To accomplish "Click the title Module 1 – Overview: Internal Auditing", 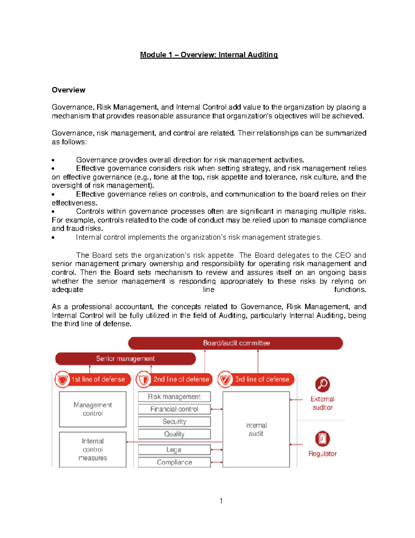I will click(x=209, y=55).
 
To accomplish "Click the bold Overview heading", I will click(x=68, y=90).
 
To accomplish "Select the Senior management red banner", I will click(x=126, y=359).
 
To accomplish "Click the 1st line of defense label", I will click(x=98, y=379).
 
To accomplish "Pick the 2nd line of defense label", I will click(x=181, y=379).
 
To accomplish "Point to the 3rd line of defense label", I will click(x=262, y=379).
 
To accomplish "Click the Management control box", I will click(x=93, y=409).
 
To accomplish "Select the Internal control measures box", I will click(x=93, y=449).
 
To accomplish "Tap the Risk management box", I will click(x=174, y=397).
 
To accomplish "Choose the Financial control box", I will click(x=174, y=409).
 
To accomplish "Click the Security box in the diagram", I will click(x=174, y=422).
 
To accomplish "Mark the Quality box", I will click(x=174, y=434).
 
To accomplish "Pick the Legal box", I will click(x=174, y=450).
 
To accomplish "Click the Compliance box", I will click(x=174, y=462).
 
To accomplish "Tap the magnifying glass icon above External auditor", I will click(x=322, y=384).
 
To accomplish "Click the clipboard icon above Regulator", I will click(x=322, y=439).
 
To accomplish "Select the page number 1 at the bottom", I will click(x=221, y=501).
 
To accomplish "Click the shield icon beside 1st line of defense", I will click(x=63, y=380).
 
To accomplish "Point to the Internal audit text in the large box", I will click(x=256, y=429).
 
